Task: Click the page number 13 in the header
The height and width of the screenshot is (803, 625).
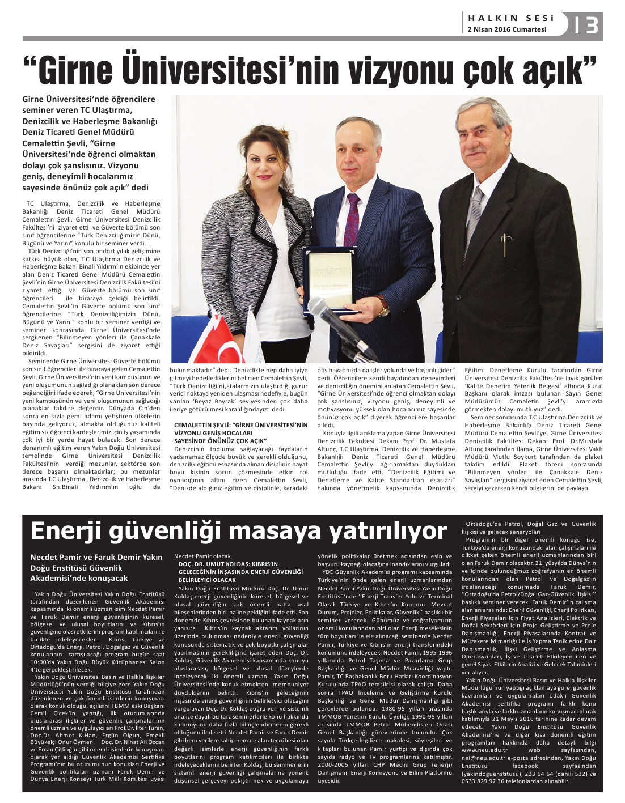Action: (586, 26)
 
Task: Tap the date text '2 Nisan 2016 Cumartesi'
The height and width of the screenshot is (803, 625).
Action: (507, 29)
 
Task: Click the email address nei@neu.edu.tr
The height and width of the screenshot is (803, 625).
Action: (486, 758)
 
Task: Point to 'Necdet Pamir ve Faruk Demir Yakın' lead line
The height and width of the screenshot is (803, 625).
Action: (96, 558)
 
